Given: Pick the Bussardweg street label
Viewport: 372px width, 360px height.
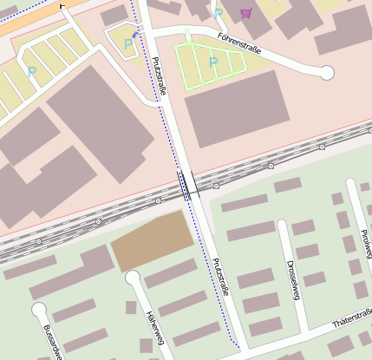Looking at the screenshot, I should pos(51,342).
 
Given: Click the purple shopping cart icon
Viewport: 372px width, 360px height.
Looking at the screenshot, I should pos(246,13).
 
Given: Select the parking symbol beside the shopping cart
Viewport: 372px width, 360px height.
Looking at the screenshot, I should pos(219,13).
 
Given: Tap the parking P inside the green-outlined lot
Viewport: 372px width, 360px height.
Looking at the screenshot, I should pos(214,62).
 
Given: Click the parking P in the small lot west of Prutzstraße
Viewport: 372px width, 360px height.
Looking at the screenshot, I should pos(128,43).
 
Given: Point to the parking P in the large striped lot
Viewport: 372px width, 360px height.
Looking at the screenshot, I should pos(32,72).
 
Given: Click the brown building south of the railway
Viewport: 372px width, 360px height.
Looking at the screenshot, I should pos(153,239).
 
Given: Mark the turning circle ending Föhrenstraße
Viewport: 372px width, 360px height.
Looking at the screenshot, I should pos(327,73).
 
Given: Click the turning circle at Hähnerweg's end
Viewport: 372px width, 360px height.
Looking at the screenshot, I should pos(133,278).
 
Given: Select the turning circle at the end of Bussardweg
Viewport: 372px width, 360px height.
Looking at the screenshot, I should pos(38,309).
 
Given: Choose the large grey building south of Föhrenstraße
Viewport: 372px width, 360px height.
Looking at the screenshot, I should pos(235,108).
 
